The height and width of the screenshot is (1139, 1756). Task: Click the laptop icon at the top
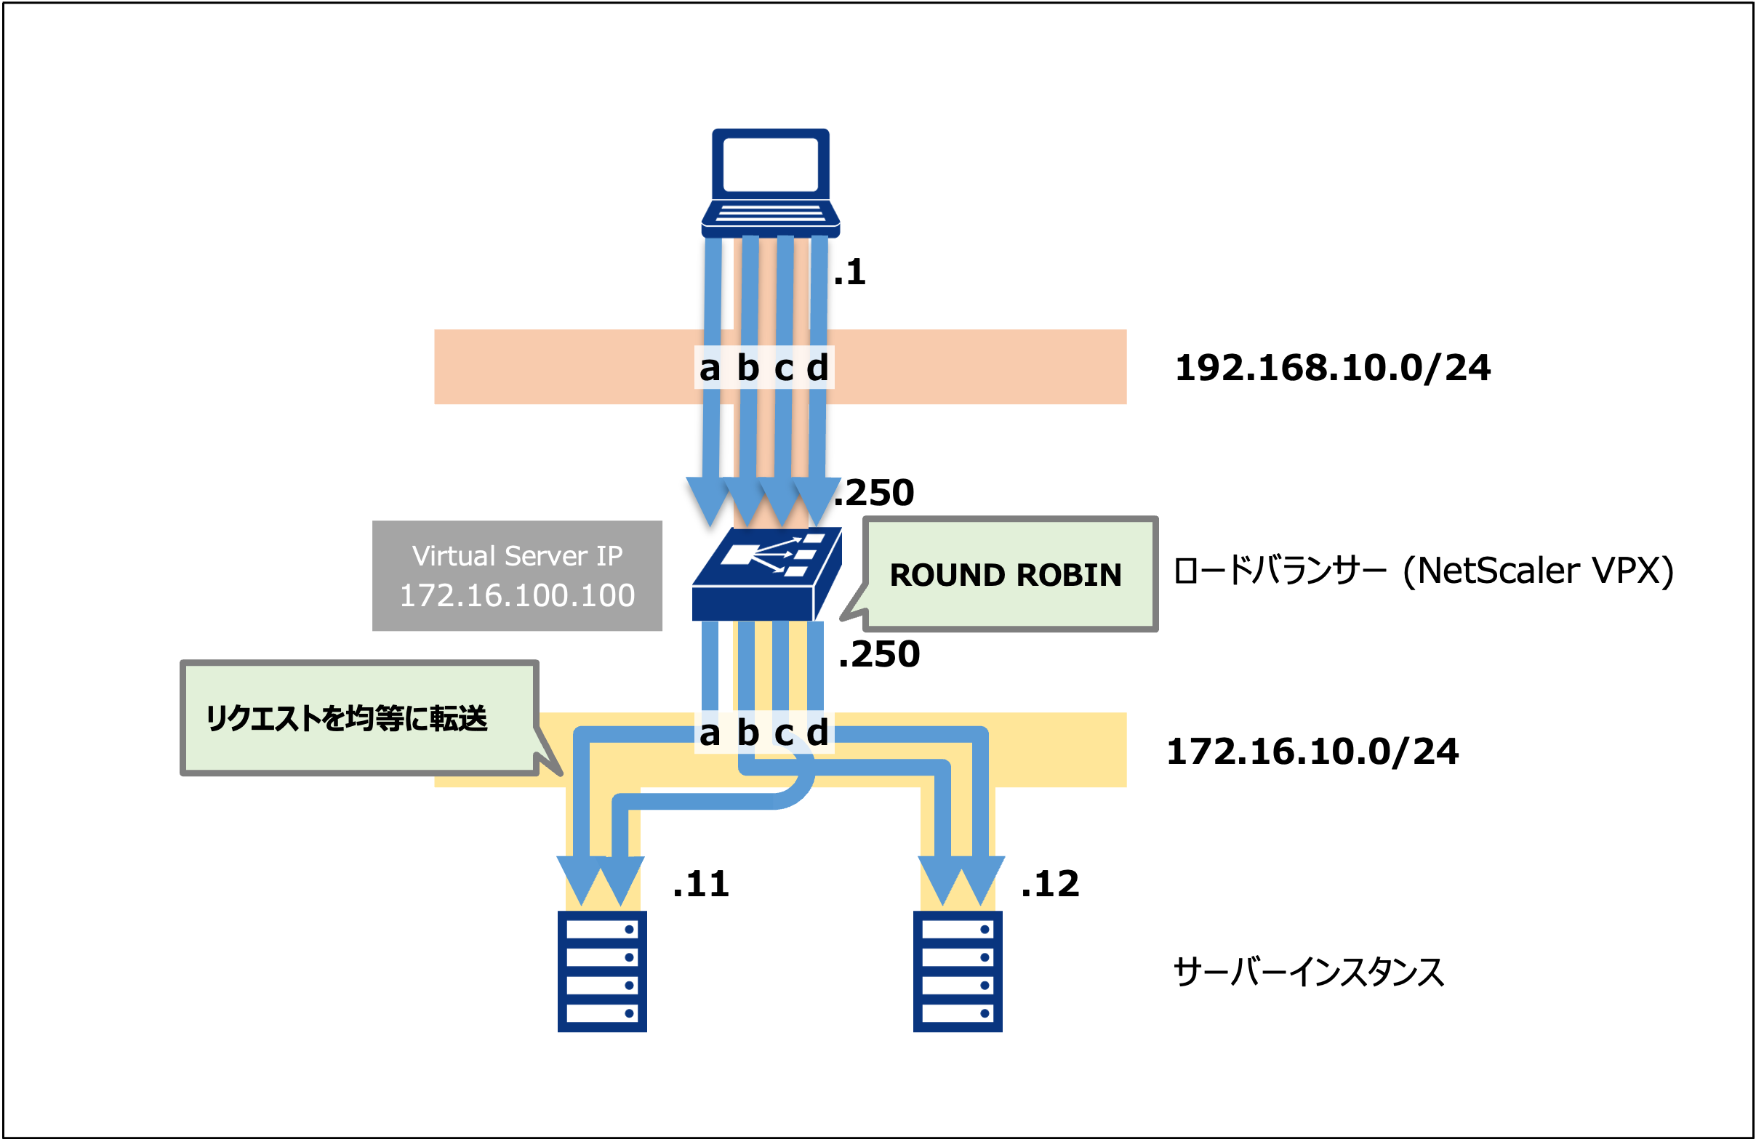[770, 182]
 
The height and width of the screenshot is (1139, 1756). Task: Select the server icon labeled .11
[602, 971]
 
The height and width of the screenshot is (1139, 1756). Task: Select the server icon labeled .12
[958, 971]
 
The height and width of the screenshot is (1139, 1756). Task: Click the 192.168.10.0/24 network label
[1332, 367]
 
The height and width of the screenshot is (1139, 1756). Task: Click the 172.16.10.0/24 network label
[1312, 751]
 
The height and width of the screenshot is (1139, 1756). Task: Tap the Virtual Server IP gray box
[516, 576]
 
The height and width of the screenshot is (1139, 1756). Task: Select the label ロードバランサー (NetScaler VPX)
[1422, 571]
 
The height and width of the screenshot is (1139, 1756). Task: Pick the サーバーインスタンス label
[1307, 973]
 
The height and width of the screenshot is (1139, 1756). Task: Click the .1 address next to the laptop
[849, 272]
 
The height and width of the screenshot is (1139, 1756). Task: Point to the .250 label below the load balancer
[879, 654]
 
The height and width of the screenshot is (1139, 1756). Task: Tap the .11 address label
[700, 884]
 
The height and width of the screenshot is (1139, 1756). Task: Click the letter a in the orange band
[709, 367]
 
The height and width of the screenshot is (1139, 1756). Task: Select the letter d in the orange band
[817, 367]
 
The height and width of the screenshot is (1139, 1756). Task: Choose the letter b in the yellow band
[747, 733]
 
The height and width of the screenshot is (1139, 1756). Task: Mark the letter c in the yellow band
[784, 733]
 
